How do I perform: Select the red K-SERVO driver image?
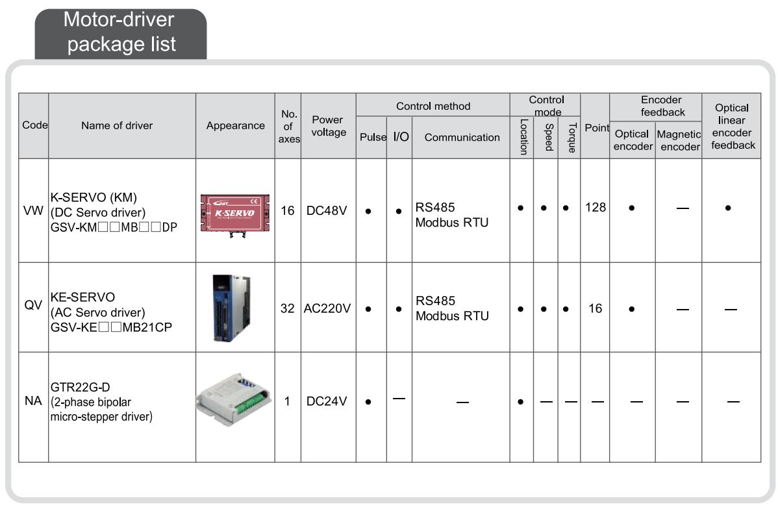234,214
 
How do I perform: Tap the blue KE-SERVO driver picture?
231,308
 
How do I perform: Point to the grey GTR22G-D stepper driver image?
234,400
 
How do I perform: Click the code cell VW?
33,210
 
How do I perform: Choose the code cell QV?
33,305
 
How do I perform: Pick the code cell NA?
33,401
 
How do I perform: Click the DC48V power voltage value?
327,210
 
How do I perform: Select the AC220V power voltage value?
327,308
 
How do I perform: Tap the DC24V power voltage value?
327,401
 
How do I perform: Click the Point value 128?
596,207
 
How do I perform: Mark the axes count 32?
287,308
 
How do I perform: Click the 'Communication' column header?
462,138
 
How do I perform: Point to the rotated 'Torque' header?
571,138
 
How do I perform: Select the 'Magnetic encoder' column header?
679,140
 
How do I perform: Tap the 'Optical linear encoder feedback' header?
733,127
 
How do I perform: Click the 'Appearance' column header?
236,125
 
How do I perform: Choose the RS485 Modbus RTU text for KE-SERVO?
452,308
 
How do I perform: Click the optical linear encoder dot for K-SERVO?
728,208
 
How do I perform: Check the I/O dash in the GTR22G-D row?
399,399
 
